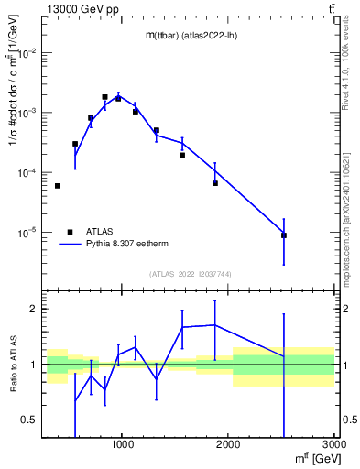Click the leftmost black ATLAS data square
point(58,186)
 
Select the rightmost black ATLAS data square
point(284,235)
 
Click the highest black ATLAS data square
point(104,97)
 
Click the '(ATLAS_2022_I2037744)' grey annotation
point(190,274)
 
